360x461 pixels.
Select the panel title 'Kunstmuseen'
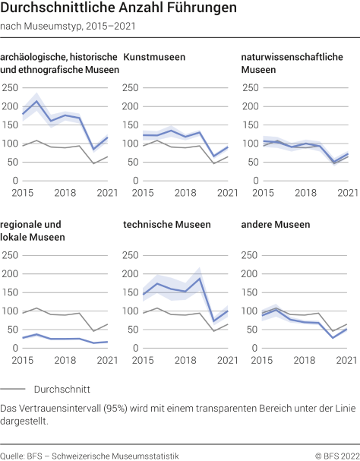[x=154, y=57]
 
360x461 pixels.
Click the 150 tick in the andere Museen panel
[x=250, y=292]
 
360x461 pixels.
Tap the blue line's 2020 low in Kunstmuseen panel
[x=214, y=156]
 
